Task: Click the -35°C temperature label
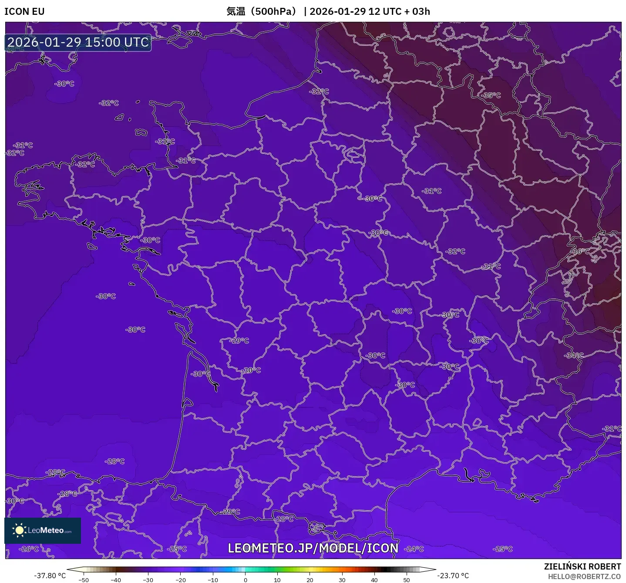pyautogui.click(x=491, y=95)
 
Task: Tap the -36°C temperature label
pyautogui.click(x=580, y=251)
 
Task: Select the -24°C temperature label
pyautogui.click(x=414, y=549)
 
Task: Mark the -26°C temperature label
pyautogui.click(x=30, y=549)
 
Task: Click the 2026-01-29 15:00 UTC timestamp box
pyautogui.click(x=78, y=42)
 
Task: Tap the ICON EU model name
pyautogui.click(x=24, y=11)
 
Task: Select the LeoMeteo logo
pyautogui.click(x=43, y=530)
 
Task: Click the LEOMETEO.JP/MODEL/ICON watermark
pyautogui.click(x=313, y=548)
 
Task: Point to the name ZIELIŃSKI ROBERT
pyautogui.click(x=582, y=566)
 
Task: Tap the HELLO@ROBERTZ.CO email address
pyautogui.click(x=584, y=576)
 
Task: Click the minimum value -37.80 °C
pyautogui.click(x=50, y=576)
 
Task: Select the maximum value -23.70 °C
pyautogui.click(x=453, y=576)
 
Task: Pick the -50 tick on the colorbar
pyautogui.click(x=84, y=580)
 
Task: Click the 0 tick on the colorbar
pyautogui.click(x=246, y=580)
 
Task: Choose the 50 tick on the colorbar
pyautogui.click(x=407, y=580)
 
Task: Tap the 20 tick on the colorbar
pyautogui.click(x=310, y=580)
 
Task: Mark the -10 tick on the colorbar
pyautogui.click(x=213, y=580)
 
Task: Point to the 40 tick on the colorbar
pyautogui.click(x=374, y=580)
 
